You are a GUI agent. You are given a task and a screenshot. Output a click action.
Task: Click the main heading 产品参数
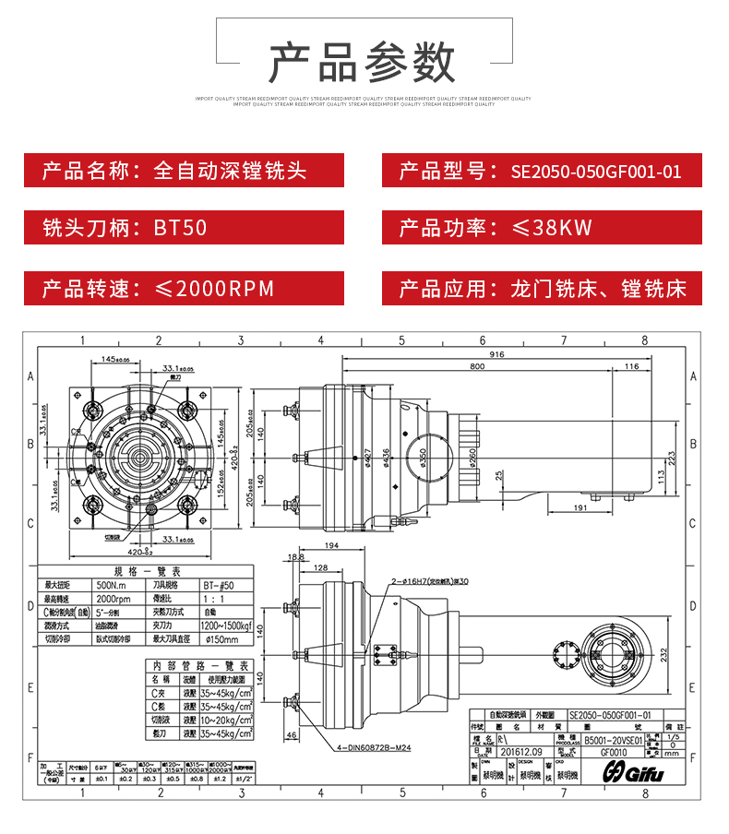tap(363, 62)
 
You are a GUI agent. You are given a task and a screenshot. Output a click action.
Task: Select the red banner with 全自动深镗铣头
tap(184, 171)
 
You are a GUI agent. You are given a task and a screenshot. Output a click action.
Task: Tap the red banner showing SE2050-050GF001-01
tap(542, 171)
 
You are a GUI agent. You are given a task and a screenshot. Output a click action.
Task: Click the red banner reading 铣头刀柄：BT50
tap(184, 227)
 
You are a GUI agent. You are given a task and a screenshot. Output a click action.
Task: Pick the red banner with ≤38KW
tap(542, 227)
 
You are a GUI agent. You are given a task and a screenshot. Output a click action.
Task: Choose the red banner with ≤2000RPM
tap(184, 288)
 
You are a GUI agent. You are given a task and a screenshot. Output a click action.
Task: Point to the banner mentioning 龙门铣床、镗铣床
tap(542, 288)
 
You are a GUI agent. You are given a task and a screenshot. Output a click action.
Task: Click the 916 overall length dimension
tap(496, 354)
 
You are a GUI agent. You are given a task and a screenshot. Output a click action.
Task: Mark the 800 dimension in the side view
tap(476, 366)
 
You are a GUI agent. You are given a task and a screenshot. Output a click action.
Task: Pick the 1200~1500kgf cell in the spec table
tap(222, 625)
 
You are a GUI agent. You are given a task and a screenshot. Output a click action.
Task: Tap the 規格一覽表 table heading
tap(147, 571)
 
